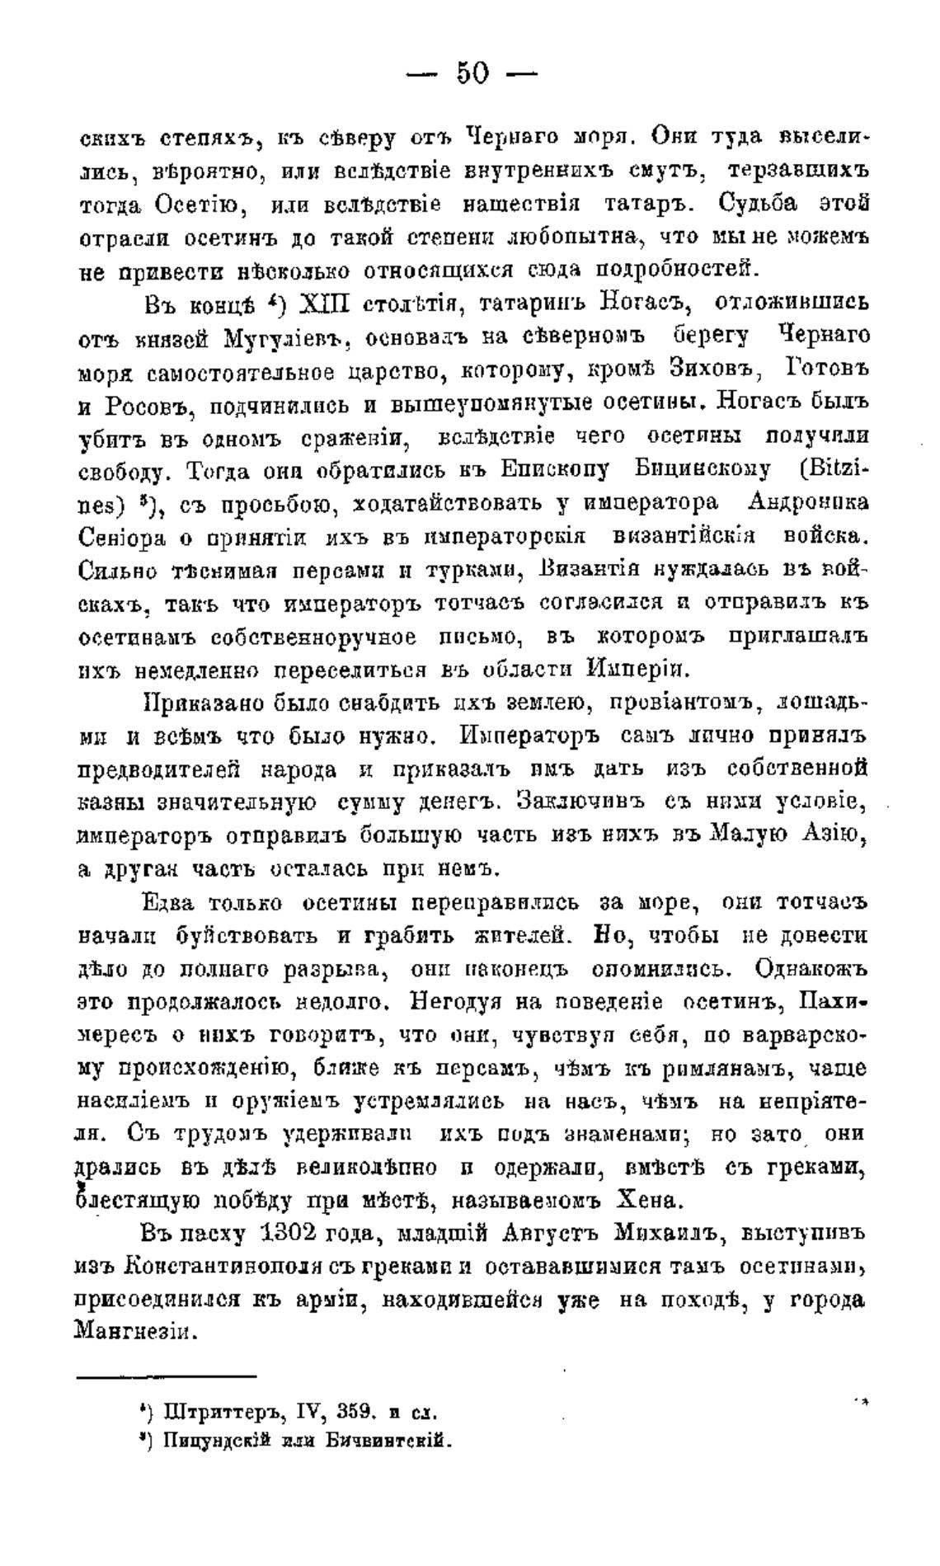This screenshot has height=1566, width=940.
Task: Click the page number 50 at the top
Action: (472, 75)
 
